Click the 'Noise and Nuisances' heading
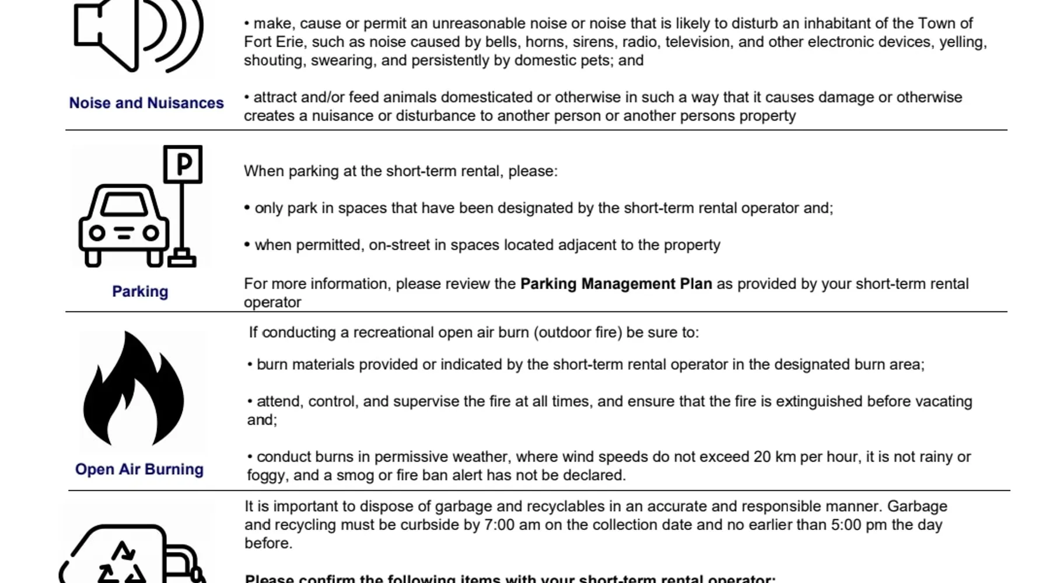point(146,103)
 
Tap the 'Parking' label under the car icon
point(140,291)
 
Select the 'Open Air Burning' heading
point(139,469)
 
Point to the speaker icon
point(138,35)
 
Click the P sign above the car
point(183,164)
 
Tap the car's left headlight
point(97,233)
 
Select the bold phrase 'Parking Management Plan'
point(616,284)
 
